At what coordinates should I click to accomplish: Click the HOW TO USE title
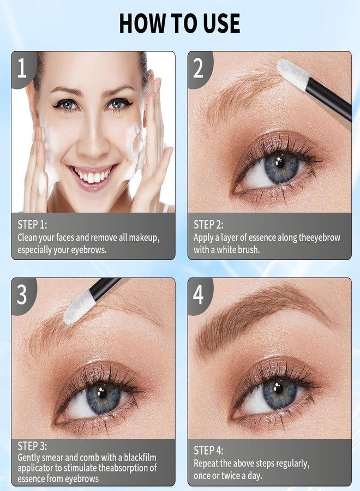179,23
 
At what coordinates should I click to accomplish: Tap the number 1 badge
22,69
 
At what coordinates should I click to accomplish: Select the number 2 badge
198,69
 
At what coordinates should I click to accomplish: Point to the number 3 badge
22,295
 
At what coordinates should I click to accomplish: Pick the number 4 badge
198,295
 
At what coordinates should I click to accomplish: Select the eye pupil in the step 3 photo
103,394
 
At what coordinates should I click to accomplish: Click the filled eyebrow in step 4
251,319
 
